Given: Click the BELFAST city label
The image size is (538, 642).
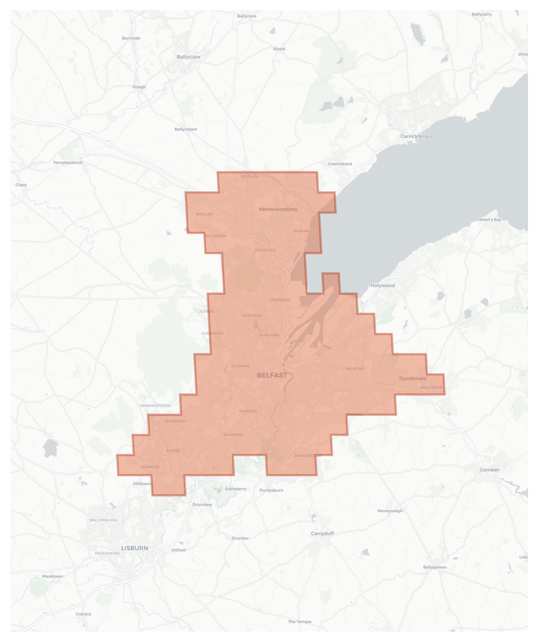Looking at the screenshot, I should coord(272,375).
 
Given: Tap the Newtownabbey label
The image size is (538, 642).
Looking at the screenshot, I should coord(278,209).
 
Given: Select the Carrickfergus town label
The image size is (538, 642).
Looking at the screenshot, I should coord(417,136).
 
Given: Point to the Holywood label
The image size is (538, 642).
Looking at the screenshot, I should coord(382,286).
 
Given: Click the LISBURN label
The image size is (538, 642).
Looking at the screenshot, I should coord(135,548).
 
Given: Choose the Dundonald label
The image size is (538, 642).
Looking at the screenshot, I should coord(413,379).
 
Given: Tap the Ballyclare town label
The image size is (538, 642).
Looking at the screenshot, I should coord(188,57).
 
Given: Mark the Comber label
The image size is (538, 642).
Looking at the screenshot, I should coord(489,470).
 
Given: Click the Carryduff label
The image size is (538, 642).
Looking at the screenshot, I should coord(322,533).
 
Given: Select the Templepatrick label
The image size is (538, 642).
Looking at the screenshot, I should coord(68,163).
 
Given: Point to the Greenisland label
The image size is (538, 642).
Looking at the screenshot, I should coord(340,164).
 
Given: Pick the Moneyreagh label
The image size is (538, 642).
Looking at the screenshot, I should coord(390,511).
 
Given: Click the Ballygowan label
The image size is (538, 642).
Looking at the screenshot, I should coord(435,567).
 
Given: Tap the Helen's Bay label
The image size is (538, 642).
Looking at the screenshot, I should coord(490,220).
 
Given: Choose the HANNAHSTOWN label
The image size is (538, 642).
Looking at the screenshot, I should coord(155,405).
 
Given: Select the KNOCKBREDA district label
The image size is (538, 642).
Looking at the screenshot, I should coord(308,456).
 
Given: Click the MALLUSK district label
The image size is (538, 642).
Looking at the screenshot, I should coord(204,214).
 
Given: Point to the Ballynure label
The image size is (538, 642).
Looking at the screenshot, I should coord(247,16).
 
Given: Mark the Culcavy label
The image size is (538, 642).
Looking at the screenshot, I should coord(84,614).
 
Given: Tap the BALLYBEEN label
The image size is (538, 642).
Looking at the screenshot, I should coord(431,387).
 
